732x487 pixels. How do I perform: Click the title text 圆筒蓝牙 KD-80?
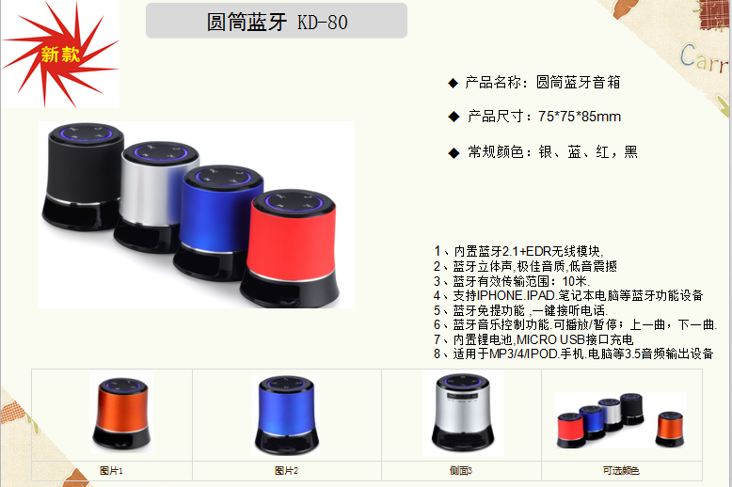[x=278, y=22]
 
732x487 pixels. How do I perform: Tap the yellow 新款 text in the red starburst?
[x=60, y=55]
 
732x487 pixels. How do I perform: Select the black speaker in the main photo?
[x=83, y=177]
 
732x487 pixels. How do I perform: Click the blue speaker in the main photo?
[x=218, y=222]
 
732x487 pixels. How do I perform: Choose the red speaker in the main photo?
[x=291, y=247]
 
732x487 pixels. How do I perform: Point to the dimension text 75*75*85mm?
[x=580, y=117]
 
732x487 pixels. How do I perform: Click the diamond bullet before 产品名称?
[x=453, y=84]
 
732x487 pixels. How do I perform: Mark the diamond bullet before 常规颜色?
[x=454, y=153]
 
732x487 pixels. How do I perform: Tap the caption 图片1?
[x=111, y=471]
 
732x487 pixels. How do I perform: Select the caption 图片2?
[x=286, y=471]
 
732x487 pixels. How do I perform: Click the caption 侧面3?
[x=461, y=471]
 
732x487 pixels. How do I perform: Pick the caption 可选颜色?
[x=621, y=471]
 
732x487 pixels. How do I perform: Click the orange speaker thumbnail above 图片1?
[x=121, y=414]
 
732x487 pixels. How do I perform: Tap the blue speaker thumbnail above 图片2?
[x=286, y=415]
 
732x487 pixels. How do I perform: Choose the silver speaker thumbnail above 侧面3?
[x=463, y=413]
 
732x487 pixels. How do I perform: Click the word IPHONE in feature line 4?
[x=500, y=295]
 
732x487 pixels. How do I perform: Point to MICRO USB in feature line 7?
[x=550, y=339]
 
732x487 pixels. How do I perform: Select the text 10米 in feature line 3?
[x=575, y=281]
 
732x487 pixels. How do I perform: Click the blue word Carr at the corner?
[x=703, y=59]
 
